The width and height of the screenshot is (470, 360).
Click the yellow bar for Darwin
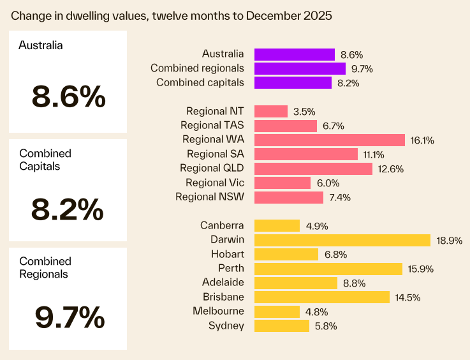point(342,240)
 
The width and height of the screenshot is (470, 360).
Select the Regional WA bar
point(330,140)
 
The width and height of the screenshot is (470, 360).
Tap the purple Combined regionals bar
point(300,68)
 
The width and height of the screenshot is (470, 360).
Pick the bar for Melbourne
point(277,311)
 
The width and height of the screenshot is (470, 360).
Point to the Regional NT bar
point(271,111)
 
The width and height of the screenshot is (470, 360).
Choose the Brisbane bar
point(322,297)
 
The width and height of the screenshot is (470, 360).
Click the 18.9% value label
point(449,241)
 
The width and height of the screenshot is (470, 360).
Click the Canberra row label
point(222,225)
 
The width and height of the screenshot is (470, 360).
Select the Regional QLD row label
point(212,169)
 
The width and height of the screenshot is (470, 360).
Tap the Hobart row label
point(227,254)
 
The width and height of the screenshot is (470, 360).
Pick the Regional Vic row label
point(215,183)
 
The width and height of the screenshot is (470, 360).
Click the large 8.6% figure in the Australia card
point(68,97)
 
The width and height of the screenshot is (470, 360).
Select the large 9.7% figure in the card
point(68,317)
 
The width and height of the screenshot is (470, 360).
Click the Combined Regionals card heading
point(45,267)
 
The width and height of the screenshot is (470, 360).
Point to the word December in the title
point(276,15)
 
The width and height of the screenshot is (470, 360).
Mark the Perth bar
point(328,269)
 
